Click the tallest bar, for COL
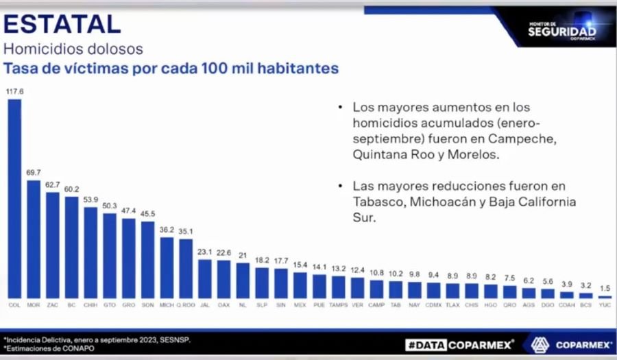pos(14,198)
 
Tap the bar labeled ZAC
pos(53,244)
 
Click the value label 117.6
pos(14,91)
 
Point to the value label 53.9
pos(90,199)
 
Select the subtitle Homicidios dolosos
pos(73,49)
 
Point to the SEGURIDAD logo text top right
pos(562,31)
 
